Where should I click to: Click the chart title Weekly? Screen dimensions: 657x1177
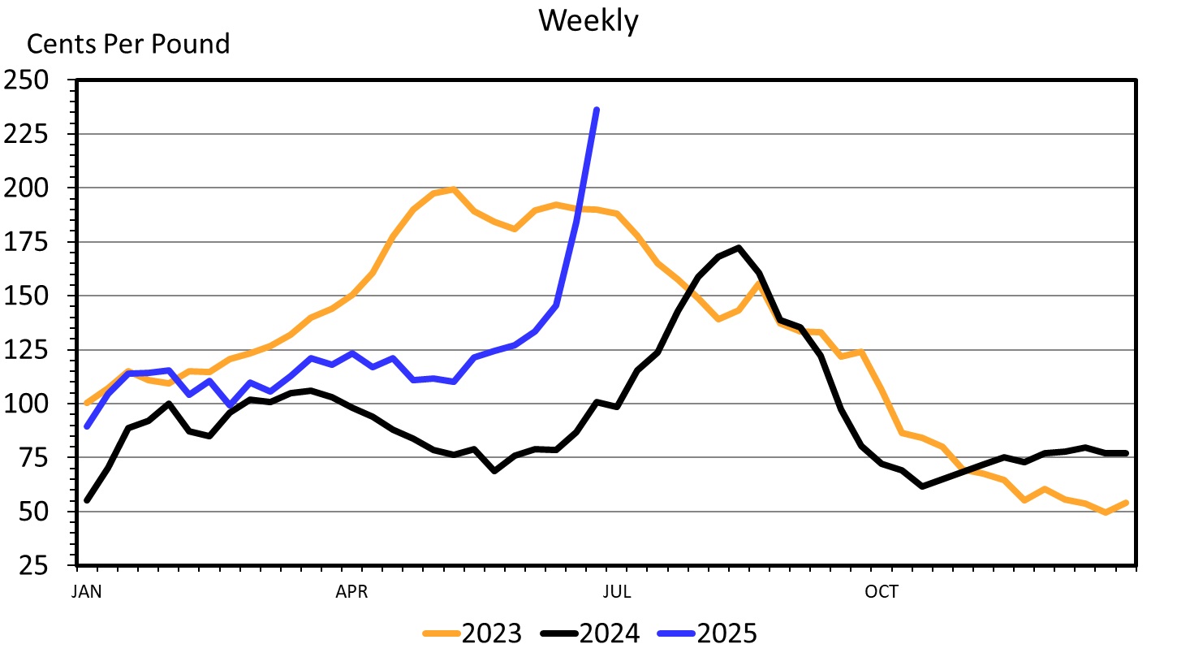coord(588,21)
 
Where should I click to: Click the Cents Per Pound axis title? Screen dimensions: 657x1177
coord(129,44)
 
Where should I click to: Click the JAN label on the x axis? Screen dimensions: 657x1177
coord(87,592)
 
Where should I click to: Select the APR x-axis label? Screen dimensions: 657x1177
coord(351,592)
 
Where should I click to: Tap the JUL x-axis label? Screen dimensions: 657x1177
coord(617,592)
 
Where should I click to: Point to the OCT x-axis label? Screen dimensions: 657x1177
coord(882,592)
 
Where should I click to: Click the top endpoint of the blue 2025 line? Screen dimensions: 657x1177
coord(597,110)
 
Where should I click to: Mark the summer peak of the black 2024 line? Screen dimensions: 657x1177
coord(739,248)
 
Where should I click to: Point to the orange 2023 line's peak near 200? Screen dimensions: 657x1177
coord(454,190)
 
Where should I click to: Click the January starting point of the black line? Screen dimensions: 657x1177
coord(87,500)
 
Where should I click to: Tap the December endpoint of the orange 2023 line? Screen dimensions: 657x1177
coord(1126,503)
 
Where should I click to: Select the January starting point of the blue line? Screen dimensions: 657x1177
coord(87,426)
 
